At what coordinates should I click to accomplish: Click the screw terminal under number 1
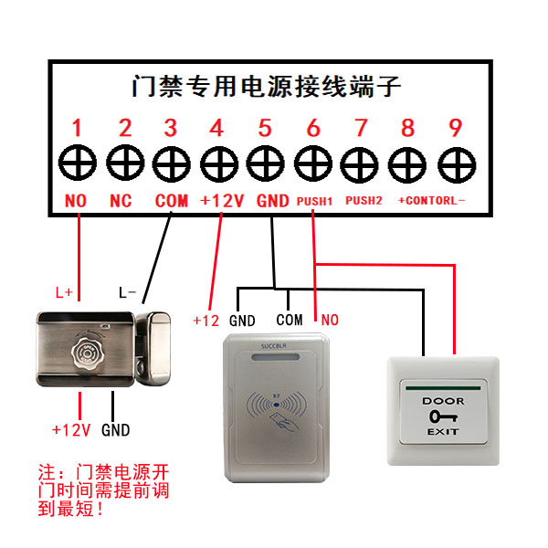tap(77, 163)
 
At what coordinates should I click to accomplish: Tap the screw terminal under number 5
tap(265, 163)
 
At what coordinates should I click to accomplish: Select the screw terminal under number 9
tap(454, 163)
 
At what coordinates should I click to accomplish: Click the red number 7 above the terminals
tap(360, 128)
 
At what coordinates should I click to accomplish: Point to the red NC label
tap(121, 200)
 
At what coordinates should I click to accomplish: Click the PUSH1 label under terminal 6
tap(313, 199)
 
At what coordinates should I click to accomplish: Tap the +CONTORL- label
tap(431, 199)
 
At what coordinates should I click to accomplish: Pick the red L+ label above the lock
tap(64, 293)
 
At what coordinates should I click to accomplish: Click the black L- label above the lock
tap(128, 293)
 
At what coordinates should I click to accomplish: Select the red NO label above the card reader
tap(330, 320)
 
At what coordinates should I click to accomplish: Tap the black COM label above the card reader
tap(290, 320)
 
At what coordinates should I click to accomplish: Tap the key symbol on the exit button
tap(442, 416)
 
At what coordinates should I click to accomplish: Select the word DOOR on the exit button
tap(442, 401)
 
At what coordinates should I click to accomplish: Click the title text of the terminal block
tap(265, 88)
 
